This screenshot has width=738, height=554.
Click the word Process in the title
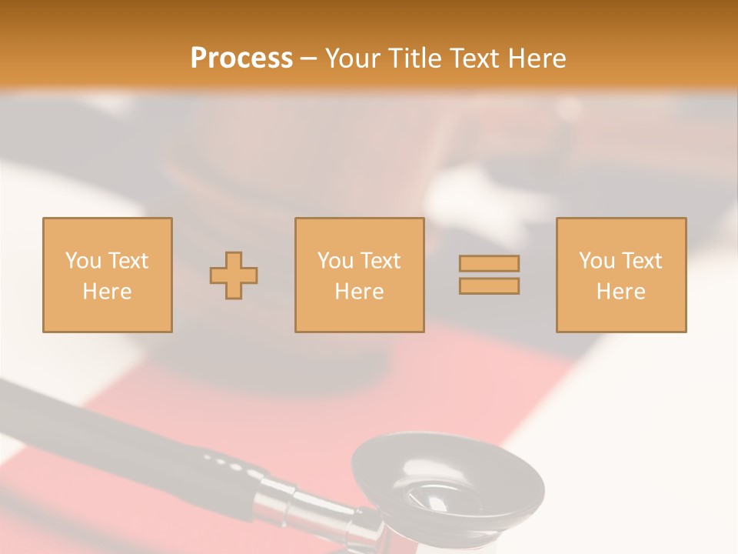tap(241, 58)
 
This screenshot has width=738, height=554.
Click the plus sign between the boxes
tap(234, 275)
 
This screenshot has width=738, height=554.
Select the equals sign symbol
tap(489, 275)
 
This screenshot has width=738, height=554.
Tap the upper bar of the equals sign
tap(489, 264)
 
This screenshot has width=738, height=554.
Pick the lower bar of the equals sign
tap(489, 286)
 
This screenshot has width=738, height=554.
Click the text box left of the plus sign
tap(108, 275)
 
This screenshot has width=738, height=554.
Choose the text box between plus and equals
tap(359, 275)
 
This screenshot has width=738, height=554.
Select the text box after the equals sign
tap(620, 275)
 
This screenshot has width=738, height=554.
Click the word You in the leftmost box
tap(82, 261)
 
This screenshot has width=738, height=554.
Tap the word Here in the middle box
tap(359, 292)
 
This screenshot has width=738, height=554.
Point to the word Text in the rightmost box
tap(642, 261)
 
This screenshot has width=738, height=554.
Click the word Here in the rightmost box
tap(620, 292)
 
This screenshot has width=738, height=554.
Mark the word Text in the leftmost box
tap(128, 261)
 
